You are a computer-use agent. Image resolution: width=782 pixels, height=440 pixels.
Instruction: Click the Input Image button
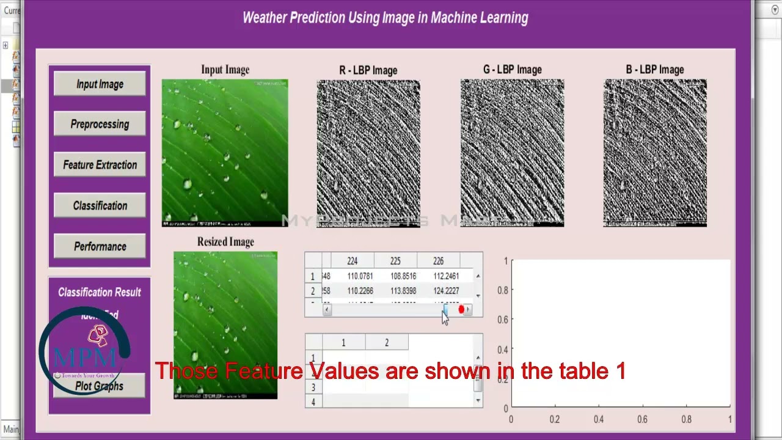100,84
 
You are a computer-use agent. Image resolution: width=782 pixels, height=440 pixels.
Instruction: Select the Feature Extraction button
100,165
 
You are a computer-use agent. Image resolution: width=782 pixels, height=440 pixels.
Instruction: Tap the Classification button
100,206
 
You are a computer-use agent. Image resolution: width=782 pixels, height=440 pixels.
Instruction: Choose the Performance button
100,247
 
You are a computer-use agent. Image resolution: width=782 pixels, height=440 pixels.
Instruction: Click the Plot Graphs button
100,386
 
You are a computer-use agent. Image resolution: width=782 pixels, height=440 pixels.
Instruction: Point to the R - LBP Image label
368,70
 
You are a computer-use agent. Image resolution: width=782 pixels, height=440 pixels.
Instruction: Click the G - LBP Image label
512,70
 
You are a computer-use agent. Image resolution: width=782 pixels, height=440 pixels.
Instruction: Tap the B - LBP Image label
654,70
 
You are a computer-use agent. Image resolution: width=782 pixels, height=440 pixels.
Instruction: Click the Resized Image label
225,242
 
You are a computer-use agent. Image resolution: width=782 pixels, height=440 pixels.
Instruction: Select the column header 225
395,261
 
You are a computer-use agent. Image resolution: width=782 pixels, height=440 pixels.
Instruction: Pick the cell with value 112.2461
446,276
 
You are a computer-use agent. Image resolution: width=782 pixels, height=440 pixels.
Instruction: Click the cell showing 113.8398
403,291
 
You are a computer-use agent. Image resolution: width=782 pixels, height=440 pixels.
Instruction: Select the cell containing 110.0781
360,276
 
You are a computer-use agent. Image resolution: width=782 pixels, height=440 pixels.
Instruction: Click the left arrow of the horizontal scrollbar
327,310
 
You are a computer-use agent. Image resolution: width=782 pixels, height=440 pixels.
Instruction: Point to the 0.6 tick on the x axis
642,419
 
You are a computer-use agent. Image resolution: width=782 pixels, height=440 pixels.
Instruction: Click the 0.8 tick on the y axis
502,290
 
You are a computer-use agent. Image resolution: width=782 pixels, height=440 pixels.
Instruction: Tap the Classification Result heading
100,292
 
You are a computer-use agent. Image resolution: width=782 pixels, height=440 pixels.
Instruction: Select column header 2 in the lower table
387,343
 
